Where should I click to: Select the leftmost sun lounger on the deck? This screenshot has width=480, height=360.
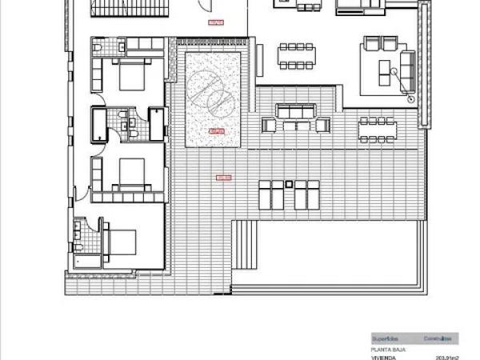(x=266, y=194)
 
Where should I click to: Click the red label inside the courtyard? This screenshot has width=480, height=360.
(x=215, y=130)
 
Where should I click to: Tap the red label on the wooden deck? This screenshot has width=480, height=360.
(x=223, y=178)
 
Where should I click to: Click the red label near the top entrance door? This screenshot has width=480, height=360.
(x=215, y=22)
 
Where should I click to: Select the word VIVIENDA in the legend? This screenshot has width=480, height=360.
(x=383, y=358)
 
